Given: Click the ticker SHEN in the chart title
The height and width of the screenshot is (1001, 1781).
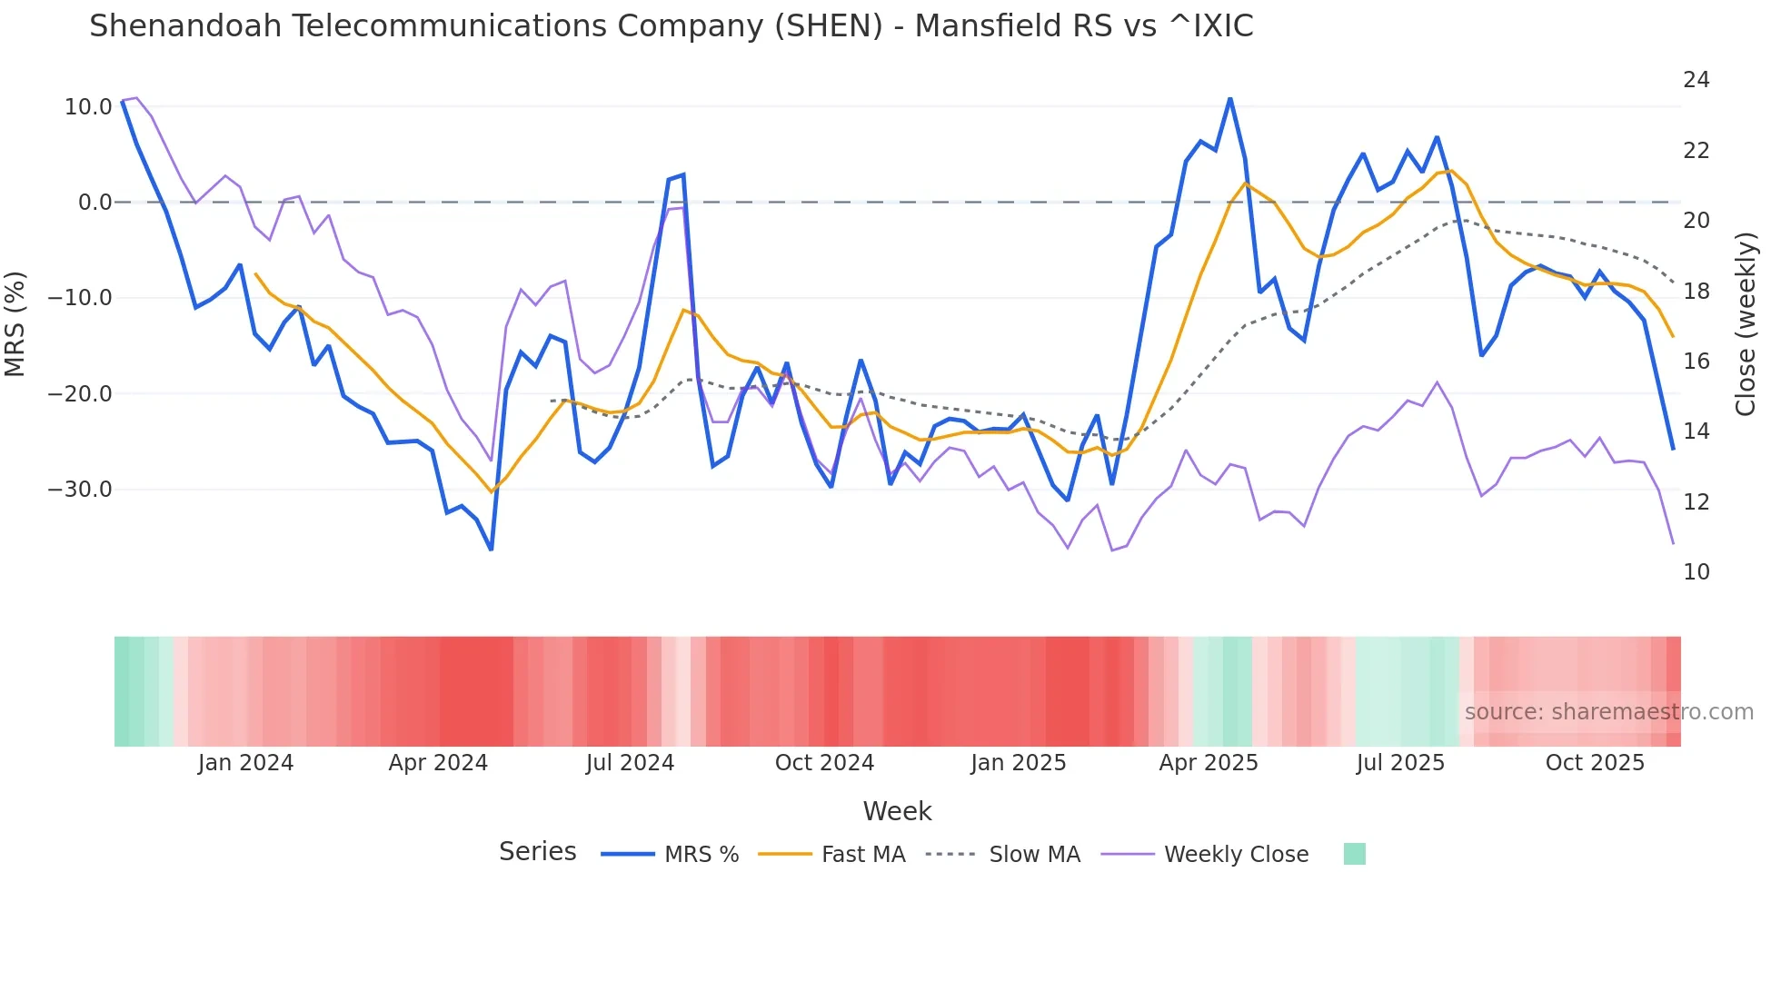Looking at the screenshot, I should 828,26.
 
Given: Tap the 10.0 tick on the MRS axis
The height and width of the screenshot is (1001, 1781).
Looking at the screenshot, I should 88,107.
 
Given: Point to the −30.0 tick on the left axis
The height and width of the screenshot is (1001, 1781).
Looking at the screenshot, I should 80,490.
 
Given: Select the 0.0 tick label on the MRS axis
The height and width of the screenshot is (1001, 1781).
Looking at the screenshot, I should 95,203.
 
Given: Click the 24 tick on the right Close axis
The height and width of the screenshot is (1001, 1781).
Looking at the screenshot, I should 1696,80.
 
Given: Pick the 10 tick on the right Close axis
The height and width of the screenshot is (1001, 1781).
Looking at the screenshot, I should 1696,572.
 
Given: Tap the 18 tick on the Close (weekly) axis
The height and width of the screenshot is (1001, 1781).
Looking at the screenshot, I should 1696,292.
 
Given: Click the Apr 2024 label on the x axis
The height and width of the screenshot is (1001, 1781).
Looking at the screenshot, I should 438,763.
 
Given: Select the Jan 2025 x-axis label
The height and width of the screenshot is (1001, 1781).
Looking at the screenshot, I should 1018,763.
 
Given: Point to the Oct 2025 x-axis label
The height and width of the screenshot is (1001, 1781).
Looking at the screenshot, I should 1595,763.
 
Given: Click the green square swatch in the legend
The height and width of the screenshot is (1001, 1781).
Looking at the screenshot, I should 1354,854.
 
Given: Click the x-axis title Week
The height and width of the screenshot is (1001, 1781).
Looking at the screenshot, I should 897,811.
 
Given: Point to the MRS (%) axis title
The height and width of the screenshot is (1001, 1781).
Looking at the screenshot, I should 15,323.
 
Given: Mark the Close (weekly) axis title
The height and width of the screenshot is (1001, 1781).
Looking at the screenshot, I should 1746,323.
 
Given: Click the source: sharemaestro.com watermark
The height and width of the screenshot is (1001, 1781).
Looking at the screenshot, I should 1608,712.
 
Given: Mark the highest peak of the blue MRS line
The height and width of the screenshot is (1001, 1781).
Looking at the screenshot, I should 1229,98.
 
